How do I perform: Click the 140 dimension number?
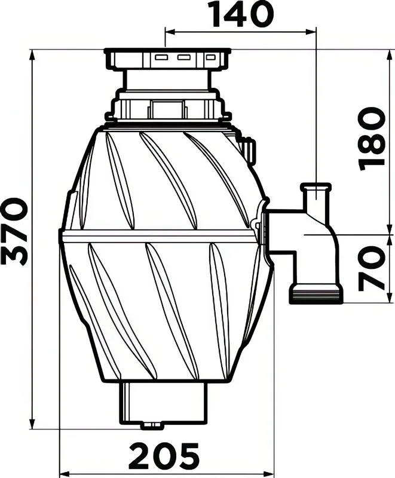tap(243, 14)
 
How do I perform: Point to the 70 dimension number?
tap(372, 268)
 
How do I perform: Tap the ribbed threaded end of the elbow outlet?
tap(315, 293)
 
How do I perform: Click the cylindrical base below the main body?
tap(164, 402)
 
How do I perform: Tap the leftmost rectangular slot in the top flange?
tap(161, 57)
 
